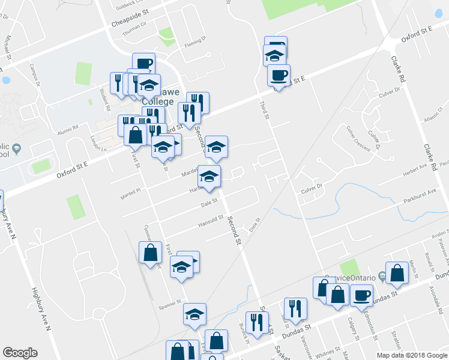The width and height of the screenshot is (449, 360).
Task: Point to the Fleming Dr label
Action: point(195,42)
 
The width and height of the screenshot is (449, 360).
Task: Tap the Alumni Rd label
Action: point(68,128)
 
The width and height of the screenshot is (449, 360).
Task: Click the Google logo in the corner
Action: point(20,353)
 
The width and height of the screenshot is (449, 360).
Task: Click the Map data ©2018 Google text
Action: point(411,355)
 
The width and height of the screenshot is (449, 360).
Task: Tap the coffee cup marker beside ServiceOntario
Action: point(362,295)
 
